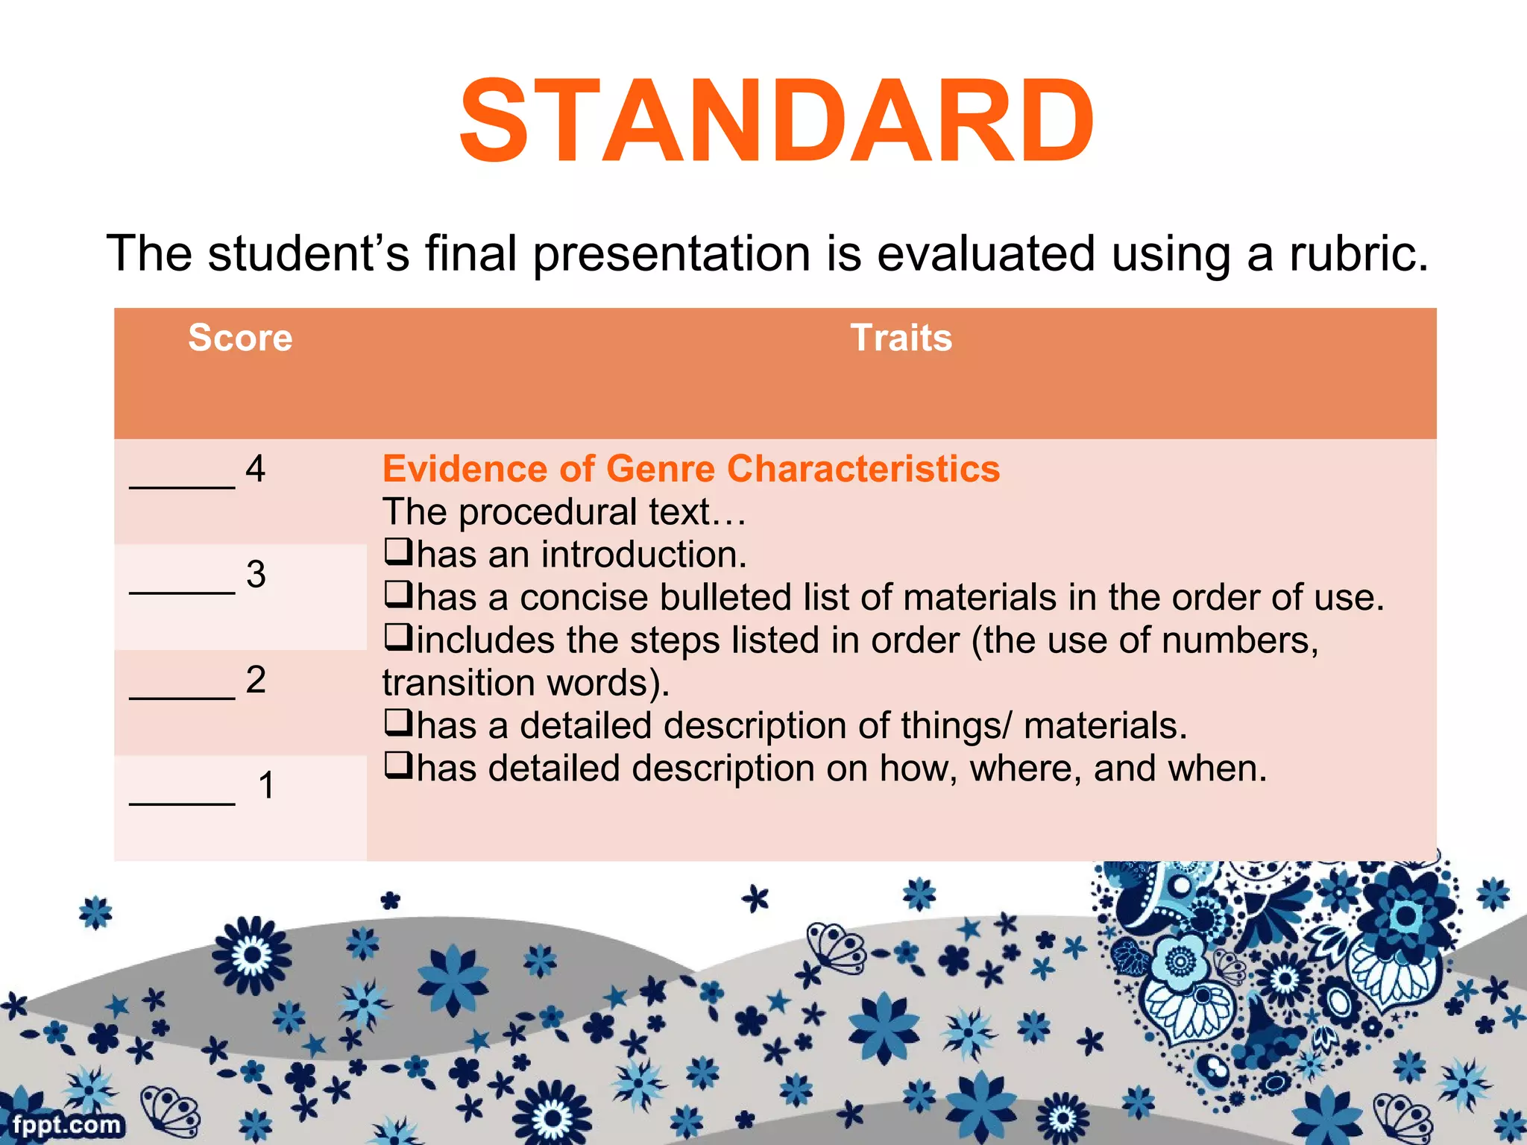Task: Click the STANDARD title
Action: click(775, 121)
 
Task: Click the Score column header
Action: click(240, 338)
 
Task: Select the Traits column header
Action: click(901, 338)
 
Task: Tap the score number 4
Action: click(256, 469)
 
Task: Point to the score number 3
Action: click(256, 575)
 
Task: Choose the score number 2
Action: click(256, 680)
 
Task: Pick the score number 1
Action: click(266, 786)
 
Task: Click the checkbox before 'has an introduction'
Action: click(398, 552)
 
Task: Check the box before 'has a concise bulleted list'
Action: click(398, 594)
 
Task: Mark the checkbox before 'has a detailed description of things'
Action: click(398, 722)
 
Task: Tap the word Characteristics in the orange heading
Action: click(863, 469)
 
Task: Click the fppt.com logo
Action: click(66, 1124)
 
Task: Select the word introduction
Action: click(643, 555)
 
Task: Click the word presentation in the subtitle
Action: click(671, 255)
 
